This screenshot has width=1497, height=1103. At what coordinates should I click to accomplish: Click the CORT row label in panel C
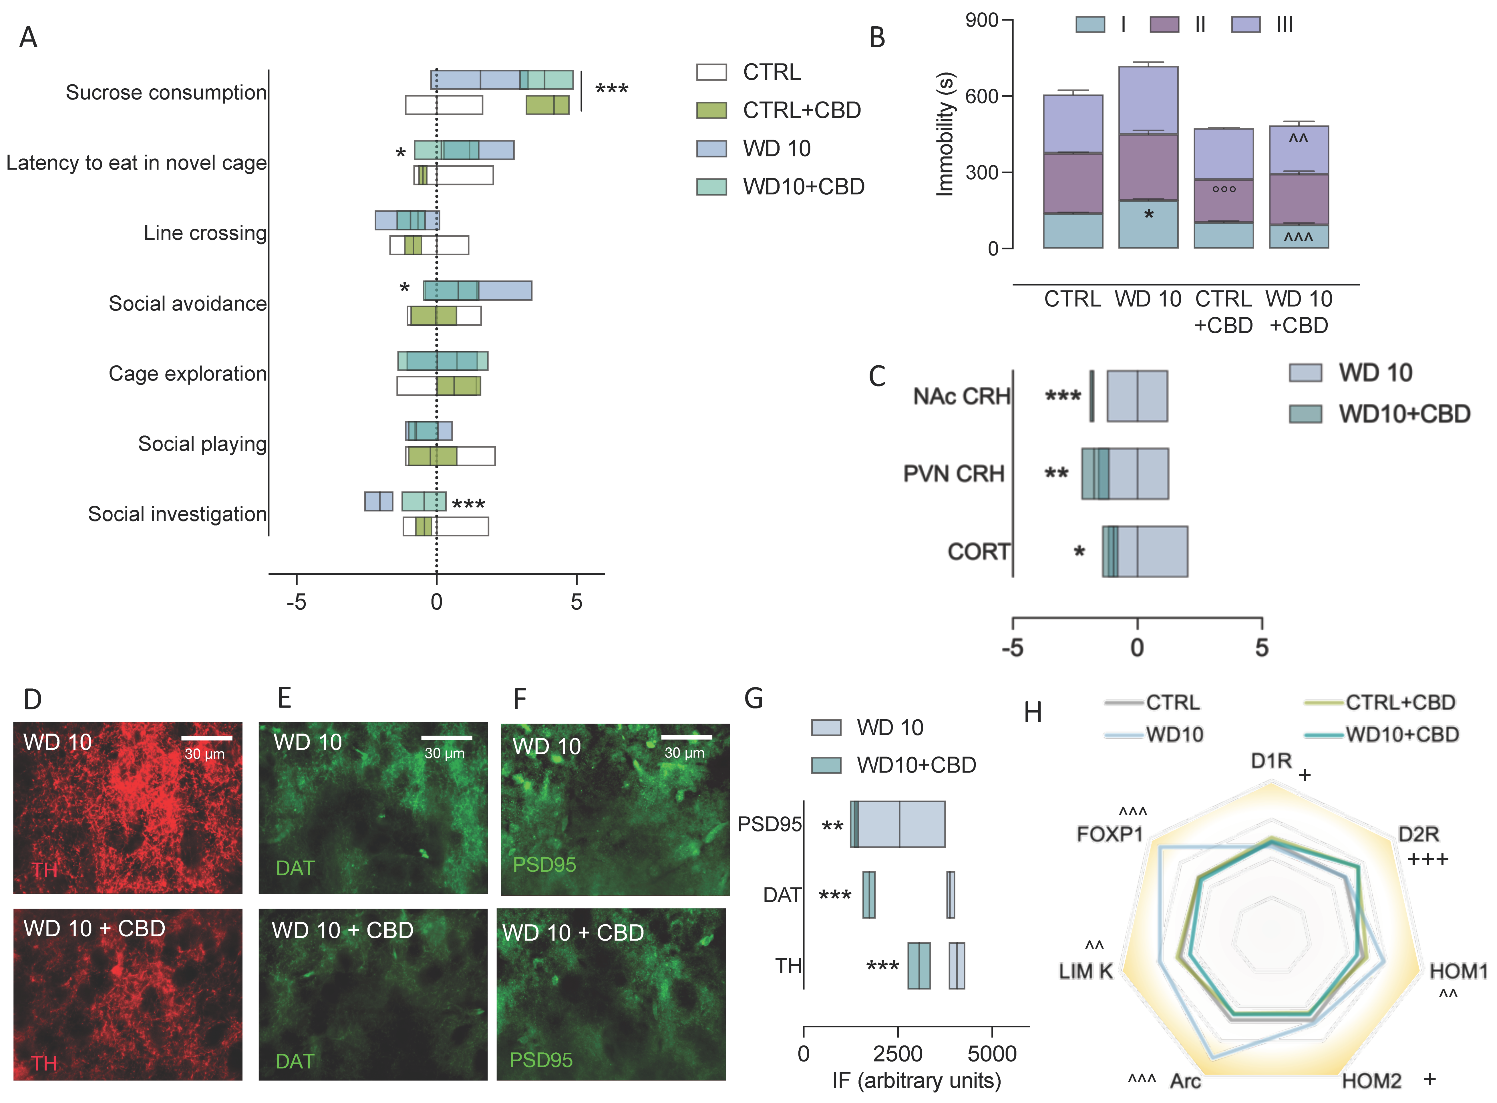click(x=978, y=551)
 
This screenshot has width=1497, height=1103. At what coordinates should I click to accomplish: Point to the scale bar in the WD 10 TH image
click(x=206, y=738)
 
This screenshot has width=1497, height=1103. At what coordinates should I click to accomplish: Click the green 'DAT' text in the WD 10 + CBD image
click(x=295, y=1061)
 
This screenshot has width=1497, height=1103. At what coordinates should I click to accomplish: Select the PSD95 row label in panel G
click(x=769, y=825)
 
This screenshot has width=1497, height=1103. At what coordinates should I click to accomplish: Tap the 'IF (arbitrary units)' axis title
click(x=916, y=1080)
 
